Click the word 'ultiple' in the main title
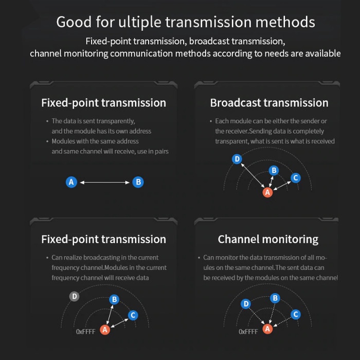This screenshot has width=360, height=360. click(x=140, y=23)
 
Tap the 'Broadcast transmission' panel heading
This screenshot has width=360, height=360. click(x=269, y=103)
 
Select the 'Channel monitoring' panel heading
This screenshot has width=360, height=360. click(x=268, y=239)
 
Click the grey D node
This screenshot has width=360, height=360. click(x=75, y=296)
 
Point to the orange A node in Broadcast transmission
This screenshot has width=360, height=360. click(x=268, y=192)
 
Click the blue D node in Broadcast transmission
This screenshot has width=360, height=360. click(x=237, y=159)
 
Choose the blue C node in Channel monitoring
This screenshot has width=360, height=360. click(x=296, y=314)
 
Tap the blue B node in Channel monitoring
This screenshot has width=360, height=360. click(x=275, y=298)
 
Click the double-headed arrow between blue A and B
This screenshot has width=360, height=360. click(x=105, y=182)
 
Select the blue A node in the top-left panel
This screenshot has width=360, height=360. click(x=71, y=182)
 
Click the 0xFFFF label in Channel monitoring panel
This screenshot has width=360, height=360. click(x=248, y=332)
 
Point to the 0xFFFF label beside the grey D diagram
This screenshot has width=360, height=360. click(x=86, y=332)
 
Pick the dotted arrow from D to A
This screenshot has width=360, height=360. click(x=257, y=316)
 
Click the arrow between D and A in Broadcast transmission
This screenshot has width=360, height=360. click(x=253, y=175)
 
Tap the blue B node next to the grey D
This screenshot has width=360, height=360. click(x=114, y=299)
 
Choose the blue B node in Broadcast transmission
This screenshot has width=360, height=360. click(x=274, y=170)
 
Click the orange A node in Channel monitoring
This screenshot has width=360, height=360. click(x=268, y=329)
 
